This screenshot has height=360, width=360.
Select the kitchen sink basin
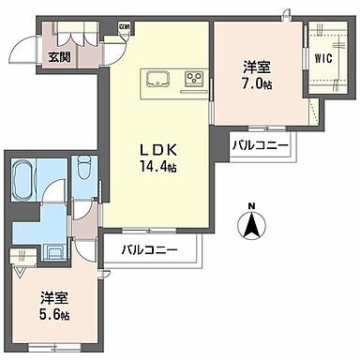click(x=155, y=77)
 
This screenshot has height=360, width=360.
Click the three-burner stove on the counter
click(x=195, y=77)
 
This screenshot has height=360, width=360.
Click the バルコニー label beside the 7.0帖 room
click(x=261, y=146)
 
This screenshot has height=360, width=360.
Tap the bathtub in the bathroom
click(x=25, y=178)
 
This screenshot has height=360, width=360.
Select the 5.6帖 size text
click(x=52, y=314)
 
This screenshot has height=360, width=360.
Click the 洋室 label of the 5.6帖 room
click(x=53, y=297)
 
